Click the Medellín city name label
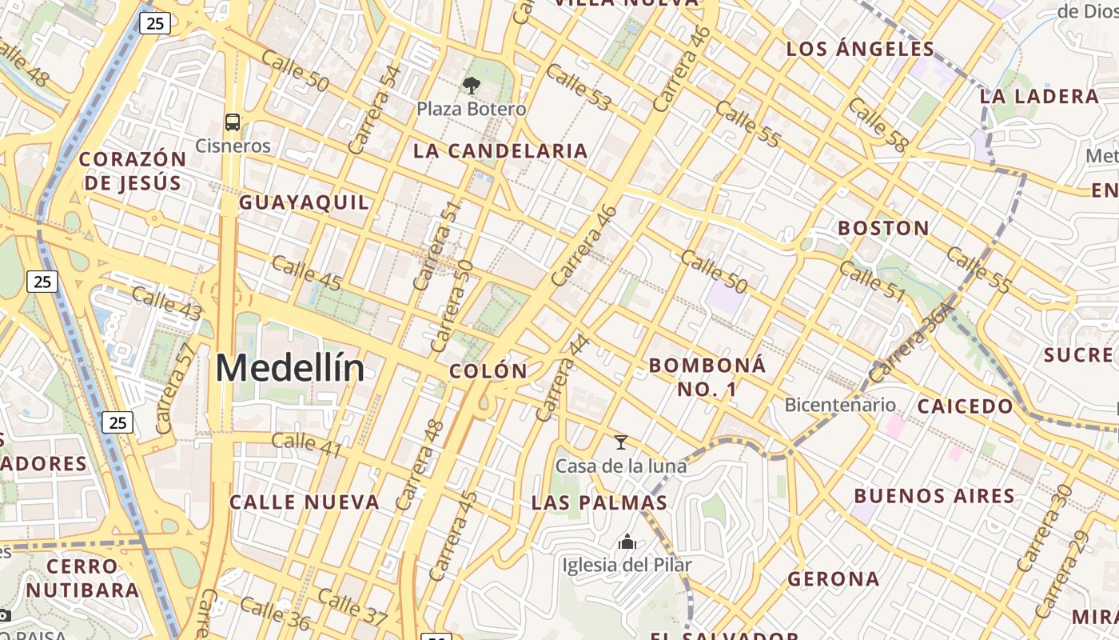(x=289, y=369)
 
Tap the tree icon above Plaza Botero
(x=472, y=85)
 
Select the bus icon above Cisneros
(x=233, y=122)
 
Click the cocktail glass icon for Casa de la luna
(x=620, y=442)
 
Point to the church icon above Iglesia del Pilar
(x=627, y=542)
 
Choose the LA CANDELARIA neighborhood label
(x=500, y=150)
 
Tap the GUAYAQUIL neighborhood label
(x=305, y=202)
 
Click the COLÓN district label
(x=488, y=371)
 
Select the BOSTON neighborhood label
(x=883, y=228)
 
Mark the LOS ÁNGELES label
(x=860, y=49)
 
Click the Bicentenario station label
(x=840, y=405)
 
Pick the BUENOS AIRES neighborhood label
(x=934, y=496)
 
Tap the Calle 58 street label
(x=878, y=125)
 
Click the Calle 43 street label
(x=166, y=304)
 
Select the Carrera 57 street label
(x=176, y=389)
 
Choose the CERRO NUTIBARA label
(x=82, y=578)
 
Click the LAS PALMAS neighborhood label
(x=599, y=502)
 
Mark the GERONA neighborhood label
(x=833, y=578)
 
